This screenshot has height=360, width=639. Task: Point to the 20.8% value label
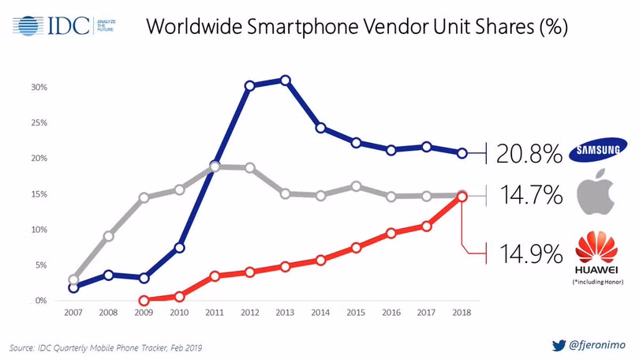[529, 153]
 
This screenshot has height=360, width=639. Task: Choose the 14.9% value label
[529, 254]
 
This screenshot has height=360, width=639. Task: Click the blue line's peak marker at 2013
[285, 81]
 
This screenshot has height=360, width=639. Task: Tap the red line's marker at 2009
[144, 301]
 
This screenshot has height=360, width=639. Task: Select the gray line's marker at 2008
[109, 235]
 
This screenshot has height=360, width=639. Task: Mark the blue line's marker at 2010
[180, 248]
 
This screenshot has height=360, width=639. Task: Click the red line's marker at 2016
[391, 233]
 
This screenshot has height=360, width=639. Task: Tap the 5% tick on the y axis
[41, 265]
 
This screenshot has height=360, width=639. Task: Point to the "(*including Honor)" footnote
[598, 282]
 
